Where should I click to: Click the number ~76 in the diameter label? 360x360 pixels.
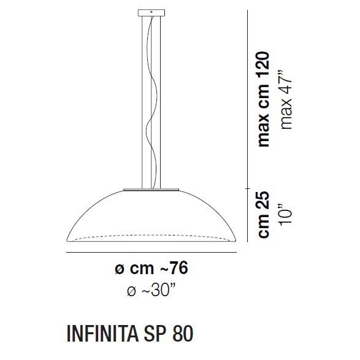pyautogui.click(x=174, y=269)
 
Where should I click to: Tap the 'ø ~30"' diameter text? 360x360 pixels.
pyautogui.click(x=150, y=291)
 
